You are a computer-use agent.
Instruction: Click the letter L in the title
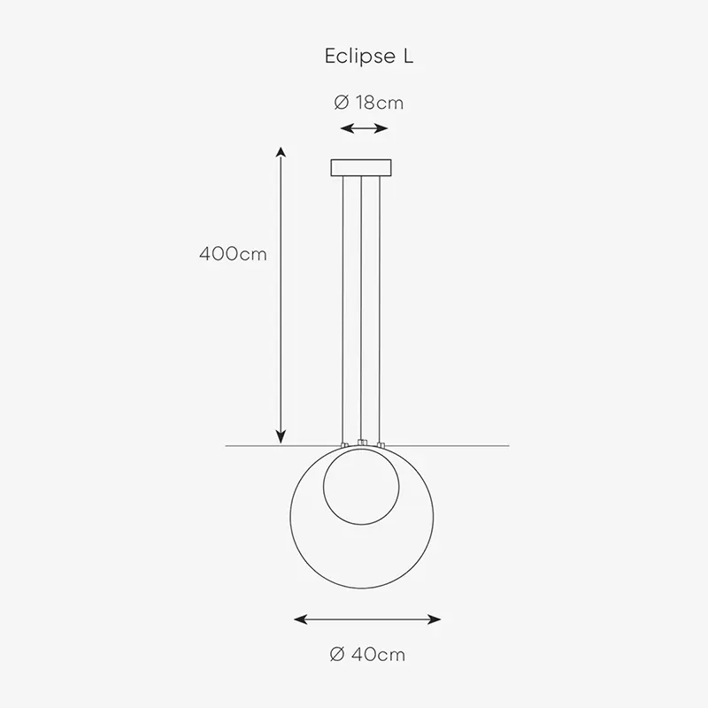point(408,56)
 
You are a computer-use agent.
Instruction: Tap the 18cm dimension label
point(380,103)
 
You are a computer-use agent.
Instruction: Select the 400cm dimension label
point(233,254)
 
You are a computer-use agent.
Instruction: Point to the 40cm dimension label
point(378,654)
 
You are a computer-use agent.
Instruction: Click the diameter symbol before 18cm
point(342,103)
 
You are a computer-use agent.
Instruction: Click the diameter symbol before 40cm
point(338,654)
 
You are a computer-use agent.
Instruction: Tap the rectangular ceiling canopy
point(361,167)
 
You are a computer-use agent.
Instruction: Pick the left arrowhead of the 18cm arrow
point(346,128)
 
